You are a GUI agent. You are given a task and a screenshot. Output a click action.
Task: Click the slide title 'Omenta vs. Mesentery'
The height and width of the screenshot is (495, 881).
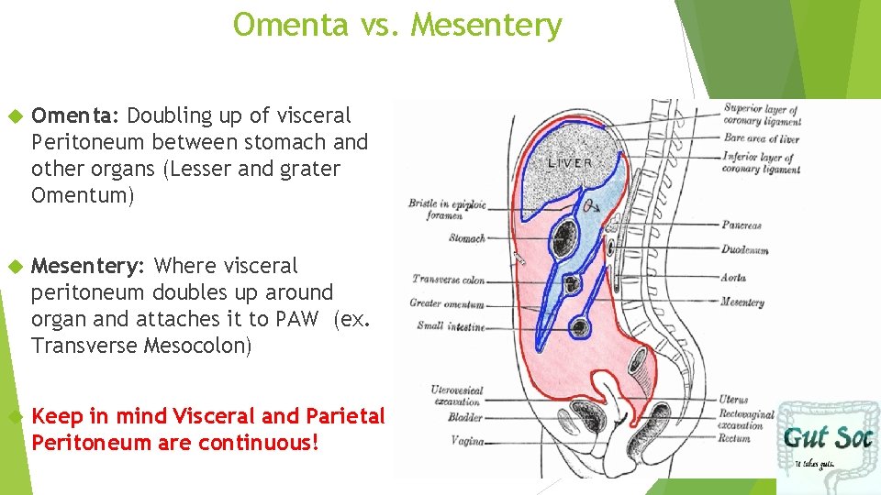[397, 25]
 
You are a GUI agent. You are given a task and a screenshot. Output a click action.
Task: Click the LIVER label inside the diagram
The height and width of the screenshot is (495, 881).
[570, 163]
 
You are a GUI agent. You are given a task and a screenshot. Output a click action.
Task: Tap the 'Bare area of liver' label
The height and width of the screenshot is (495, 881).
[761, 138]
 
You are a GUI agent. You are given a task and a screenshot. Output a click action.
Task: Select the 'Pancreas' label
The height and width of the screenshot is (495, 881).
[741, 225]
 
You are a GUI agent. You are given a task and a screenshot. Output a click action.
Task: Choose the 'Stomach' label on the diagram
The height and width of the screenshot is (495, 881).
[467, 238]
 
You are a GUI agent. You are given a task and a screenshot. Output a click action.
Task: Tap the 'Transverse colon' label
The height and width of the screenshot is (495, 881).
[449, 280]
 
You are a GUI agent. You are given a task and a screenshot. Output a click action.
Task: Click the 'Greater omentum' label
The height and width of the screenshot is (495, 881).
[447, 303]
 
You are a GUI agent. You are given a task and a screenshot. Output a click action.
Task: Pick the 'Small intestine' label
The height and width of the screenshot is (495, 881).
[451, 325]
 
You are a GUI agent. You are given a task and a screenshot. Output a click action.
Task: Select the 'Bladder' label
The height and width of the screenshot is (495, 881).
[464, 417]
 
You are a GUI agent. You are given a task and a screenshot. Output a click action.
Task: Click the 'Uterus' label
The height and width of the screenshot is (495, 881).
[733, 400]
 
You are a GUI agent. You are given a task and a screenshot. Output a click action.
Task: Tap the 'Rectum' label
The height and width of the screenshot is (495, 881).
[734, 438]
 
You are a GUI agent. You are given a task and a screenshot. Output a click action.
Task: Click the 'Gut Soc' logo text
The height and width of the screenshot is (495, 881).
[827, 437]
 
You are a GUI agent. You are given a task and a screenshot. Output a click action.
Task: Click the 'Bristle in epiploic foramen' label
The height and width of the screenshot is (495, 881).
[447, 209]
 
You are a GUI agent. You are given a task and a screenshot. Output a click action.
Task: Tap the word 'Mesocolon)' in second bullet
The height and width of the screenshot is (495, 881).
[197, 346]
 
